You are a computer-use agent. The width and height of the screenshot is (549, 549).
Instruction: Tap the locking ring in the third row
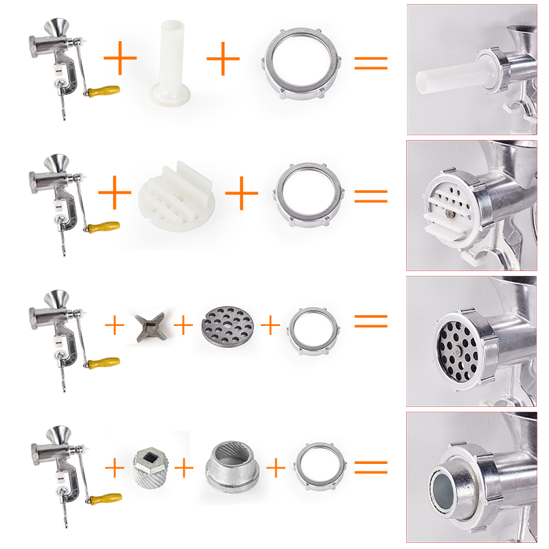click(313, 326)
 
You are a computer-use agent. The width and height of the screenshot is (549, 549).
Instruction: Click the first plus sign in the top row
click(120, 59)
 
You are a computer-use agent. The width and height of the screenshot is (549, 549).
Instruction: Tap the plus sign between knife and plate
click(183, 325)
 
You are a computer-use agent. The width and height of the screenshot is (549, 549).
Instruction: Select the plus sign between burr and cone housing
click(184, 468)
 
